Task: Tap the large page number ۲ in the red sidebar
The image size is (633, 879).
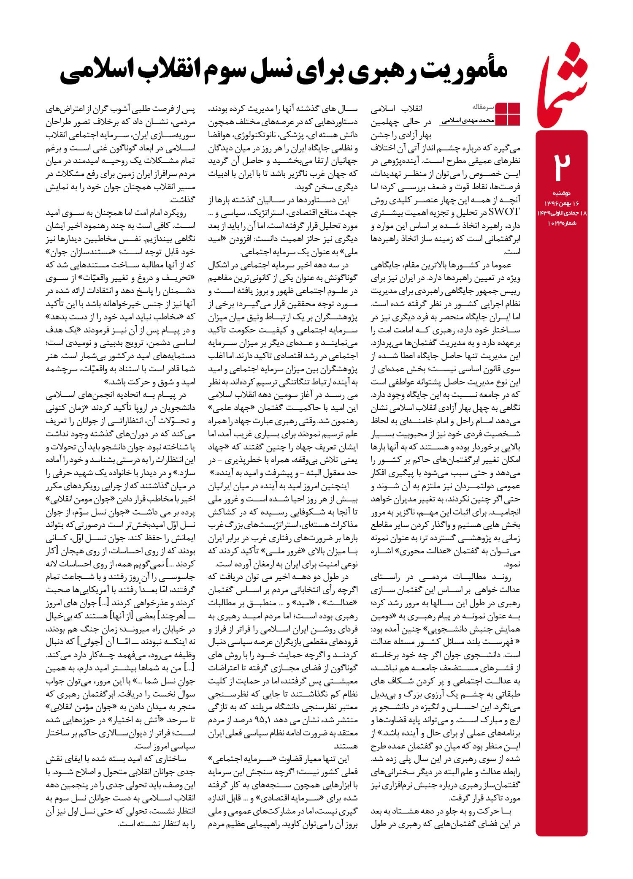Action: pyautogui.click(x=562, y=165)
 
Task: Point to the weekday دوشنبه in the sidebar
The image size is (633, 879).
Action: pyautogui.click(x=562, y=193)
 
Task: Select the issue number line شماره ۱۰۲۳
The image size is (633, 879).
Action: pyautogui.click(x=562, y=223)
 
